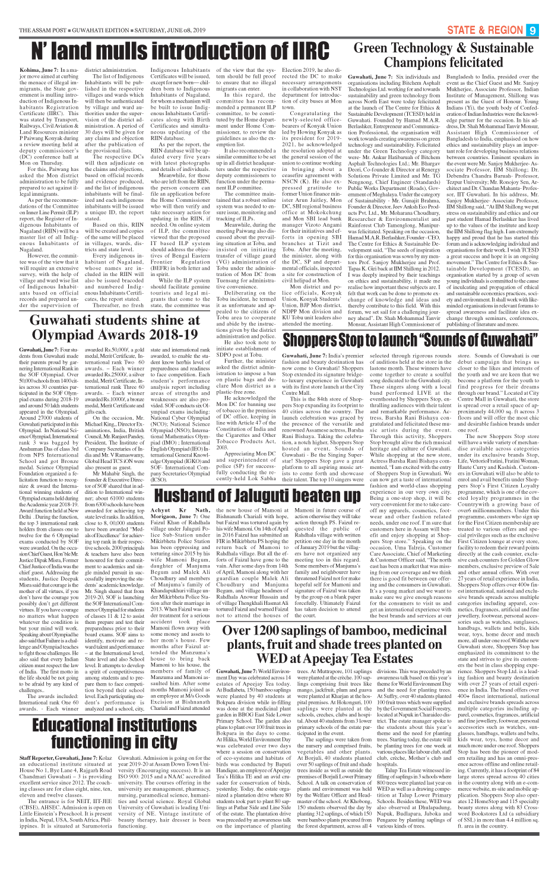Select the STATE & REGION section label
click(485, 30)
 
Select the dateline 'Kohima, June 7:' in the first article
click(37, 71)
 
